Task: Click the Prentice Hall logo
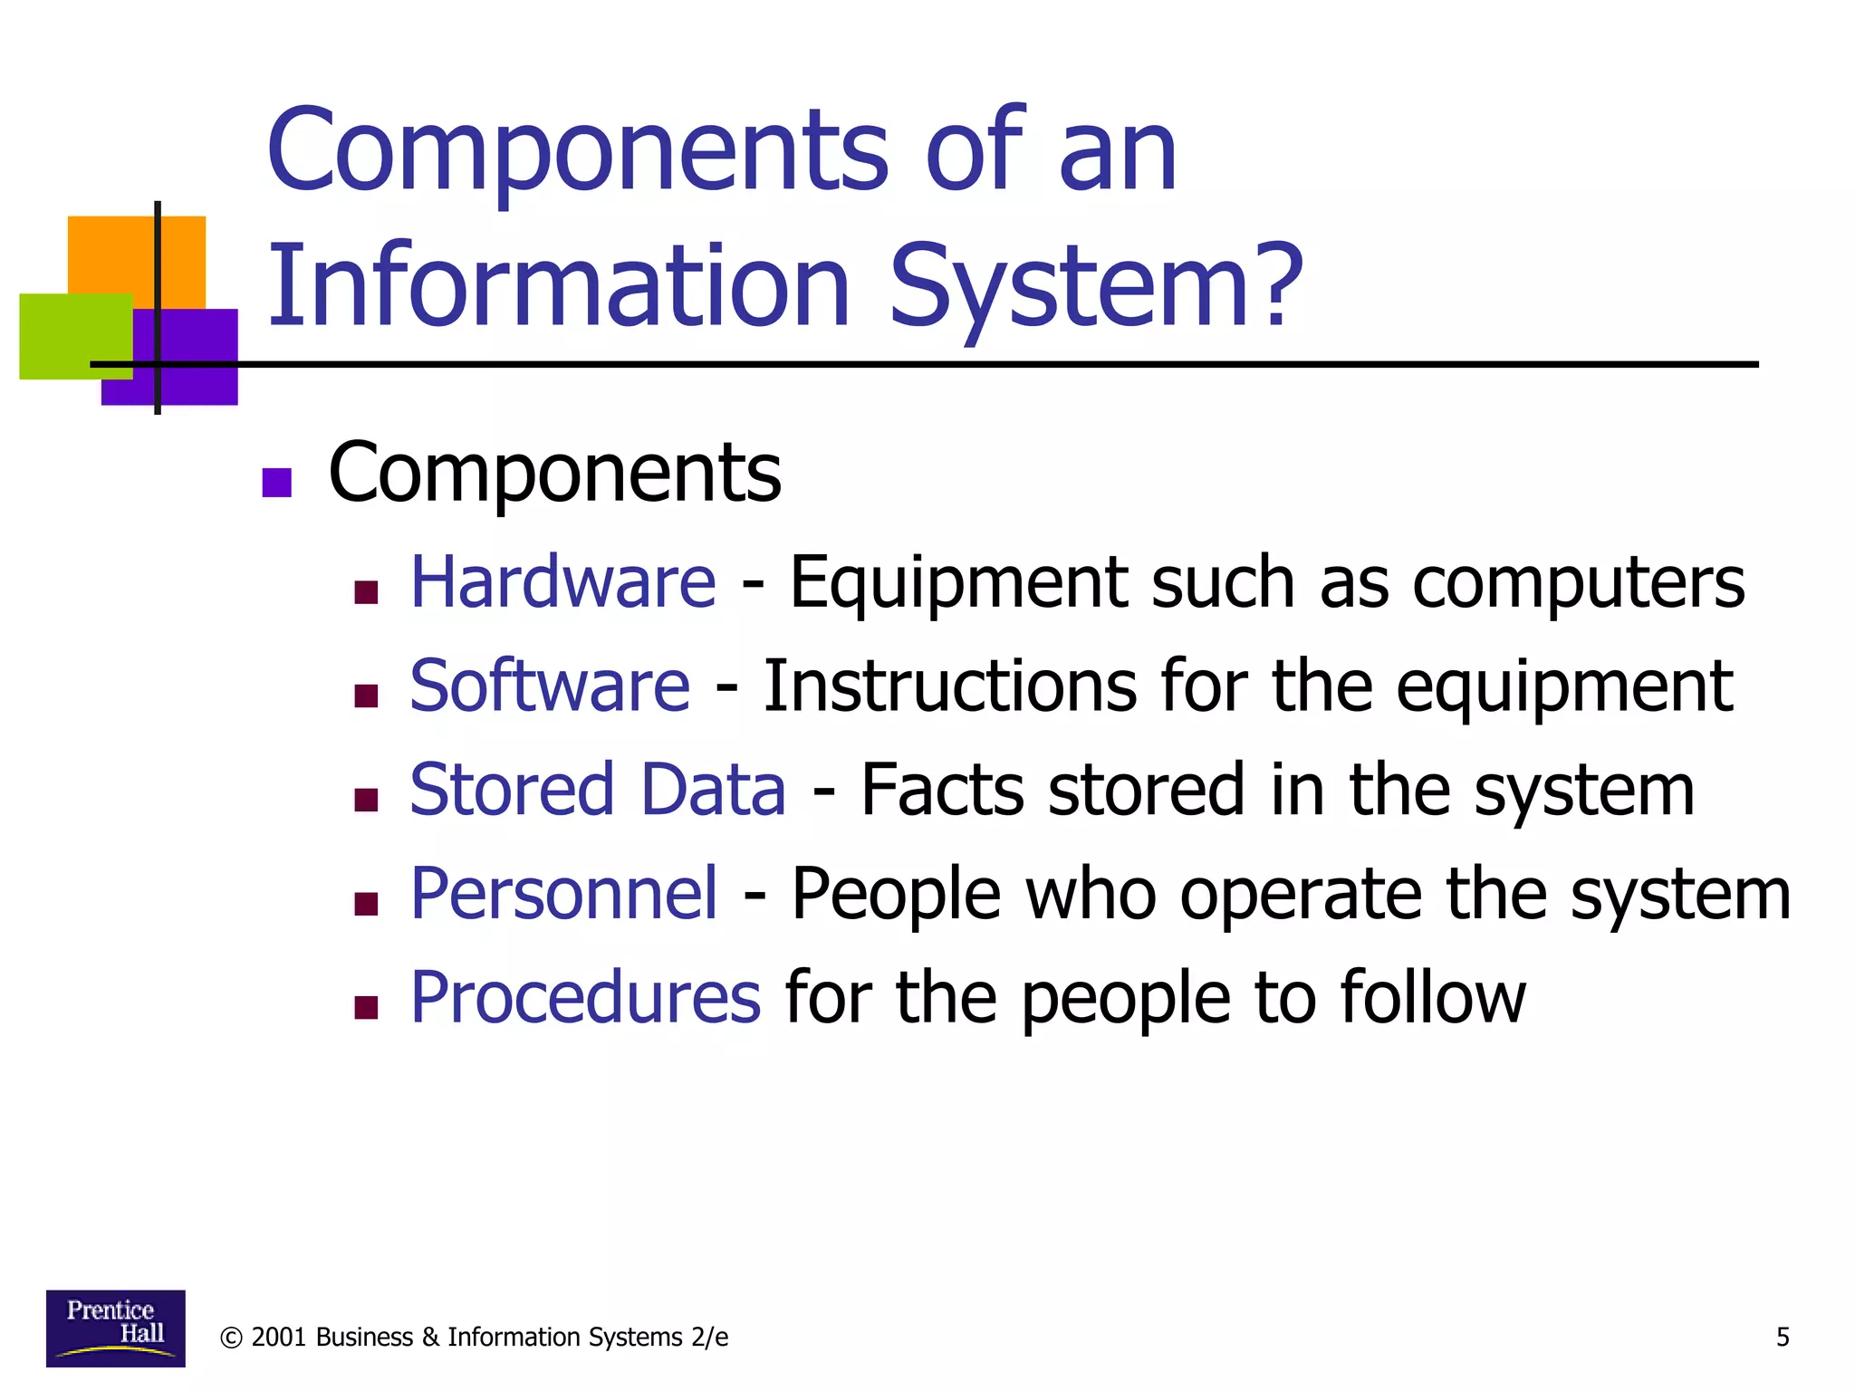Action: click(115, 1328)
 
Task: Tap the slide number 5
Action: click(1783, 1338)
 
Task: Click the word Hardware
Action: click(562, 582)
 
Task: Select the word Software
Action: click(550, 686)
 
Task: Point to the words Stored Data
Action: click(598, 790)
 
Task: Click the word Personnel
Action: click(564, 894)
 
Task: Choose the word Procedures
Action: click(585, 998)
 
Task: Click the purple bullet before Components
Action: click(276, 483)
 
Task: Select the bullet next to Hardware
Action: click(366, 593)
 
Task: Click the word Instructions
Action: click(949, 686)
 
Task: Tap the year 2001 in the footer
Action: click(278, 1338)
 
